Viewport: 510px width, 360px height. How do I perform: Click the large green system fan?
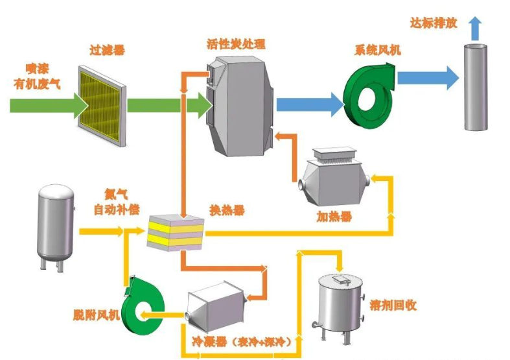(x=367, y=90)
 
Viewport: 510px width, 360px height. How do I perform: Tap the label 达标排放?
(x=434, y=23)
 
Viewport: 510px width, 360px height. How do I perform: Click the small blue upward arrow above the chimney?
(x=476, y=27)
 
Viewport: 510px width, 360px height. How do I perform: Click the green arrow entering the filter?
(x=49, y=104)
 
